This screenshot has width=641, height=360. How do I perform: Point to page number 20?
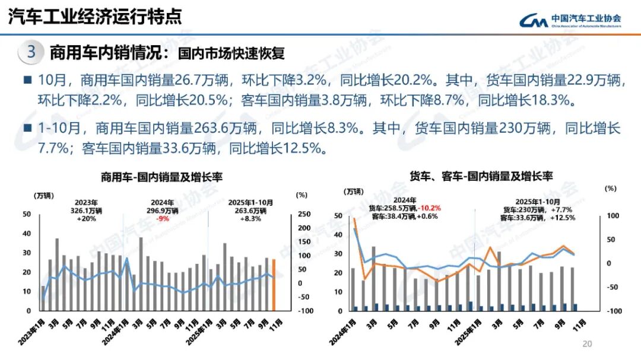coord(588,343)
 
